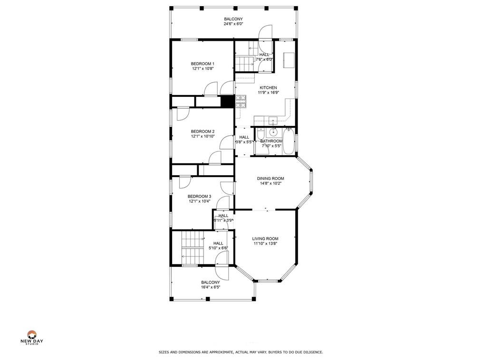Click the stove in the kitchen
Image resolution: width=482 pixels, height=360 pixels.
click(x=241, y=101)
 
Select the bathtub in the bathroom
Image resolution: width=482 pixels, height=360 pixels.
click(x=289, y=141)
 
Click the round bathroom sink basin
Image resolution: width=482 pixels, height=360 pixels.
click(x=274, y=133)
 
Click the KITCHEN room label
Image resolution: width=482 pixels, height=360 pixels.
click(x=268, y=88)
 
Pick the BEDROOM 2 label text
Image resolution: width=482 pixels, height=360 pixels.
click(x=202, y=132)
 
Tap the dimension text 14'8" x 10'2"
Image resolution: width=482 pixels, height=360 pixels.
click(x=270, y=183)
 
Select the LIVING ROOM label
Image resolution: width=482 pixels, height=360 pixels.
click(x=265, y=239)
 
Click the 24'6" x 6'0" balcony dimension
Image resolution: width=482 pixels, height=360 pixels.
click(x=233, y=24)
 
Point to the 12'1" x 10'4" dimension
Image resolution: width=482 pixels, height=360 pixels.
click(x=200, y=201)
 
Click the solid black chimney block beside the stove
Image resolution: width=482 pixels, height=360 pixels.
click(x=227, y=101)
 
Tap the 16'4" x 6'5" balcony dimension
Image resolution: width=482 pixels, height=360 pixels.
click(x=211, y=287)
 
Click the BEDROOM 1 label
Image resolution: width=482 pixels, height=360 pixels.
click(x=202, y=64)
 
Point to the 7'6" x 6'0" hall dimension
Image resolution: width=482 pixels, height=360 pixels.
click(x=264, y=59)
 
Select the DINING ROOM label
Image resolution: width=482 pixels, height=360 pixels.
click(x=270, y=179)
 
